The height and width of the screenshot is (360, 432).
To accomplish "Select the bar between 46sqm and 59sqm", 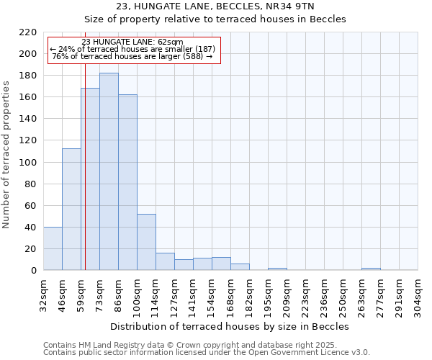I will point(71,209).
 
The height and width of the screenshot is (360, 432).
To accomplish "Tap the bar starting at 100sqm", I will point(146,242).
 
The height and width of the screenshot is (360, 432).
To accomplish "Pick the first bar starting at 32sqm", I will point(53,248).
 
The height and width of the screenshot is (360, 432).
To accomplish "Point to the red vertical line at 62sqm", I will point(85,180).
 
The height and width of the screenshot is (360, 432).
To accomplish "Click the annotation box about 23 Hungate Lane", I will point(133,49).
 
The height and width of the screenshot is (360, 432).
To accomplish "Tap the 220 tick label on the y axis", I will point(28,32).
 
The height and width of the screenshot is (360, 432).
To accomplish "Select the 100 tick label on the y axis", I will point(28,163).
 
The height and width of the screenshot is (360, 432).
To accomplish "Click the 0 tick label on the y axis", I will point(33,271).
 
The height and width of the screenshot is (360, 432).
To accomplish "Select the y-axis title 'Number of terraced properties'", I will point(6,154).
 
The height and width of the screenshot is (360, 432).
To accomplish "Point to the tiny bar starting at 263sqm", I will point(371,269).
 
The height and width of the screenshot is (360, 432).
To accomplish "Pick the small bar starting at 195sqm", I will point(277,269).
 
